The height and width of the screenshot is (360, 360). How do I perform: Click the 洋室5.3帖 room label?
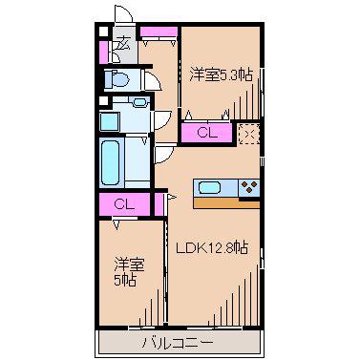tap(222, 75)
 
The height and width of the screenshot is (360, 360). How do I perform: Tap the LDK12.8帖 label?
tap(212, 247)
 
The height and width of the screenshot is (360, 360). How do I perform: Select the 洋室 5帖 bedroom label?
tap(130, 272)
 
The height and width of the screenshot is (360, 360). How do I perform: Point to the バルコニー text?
tap(178, 343)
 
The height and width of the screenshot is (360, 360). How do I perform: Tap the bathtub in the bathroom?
tap(110, 163)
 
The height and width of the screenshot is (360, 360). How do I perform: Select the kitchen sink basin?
tap(210, 187)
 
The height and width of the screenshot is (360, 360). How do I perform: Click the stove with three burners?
tap(249, 187)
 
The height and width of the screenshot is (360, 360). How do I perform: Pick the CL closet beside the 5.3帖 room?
tap(206, 133)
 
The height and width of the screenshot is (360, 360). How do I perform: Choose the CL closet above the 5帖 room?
tap(124, 204)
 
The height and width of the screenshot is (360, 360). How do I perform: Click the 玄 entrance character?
tap(124, 44)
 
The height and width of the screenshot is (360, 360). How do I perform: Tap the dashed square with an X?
tap(249, 134)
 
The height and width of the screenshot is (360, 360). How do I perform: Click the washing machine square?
tap(110, 121)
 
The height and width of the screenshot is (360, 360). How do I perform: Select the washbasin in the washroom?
tap(139, 102)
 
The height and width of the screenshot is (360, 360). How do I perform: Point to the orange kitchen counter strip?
tap(226, 203)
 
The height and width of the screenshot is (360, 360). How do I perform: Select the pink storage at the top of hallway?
tap(159, 32)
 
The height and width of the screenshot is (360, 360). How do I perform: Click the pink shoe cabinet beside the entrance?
tap(103, 53)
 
